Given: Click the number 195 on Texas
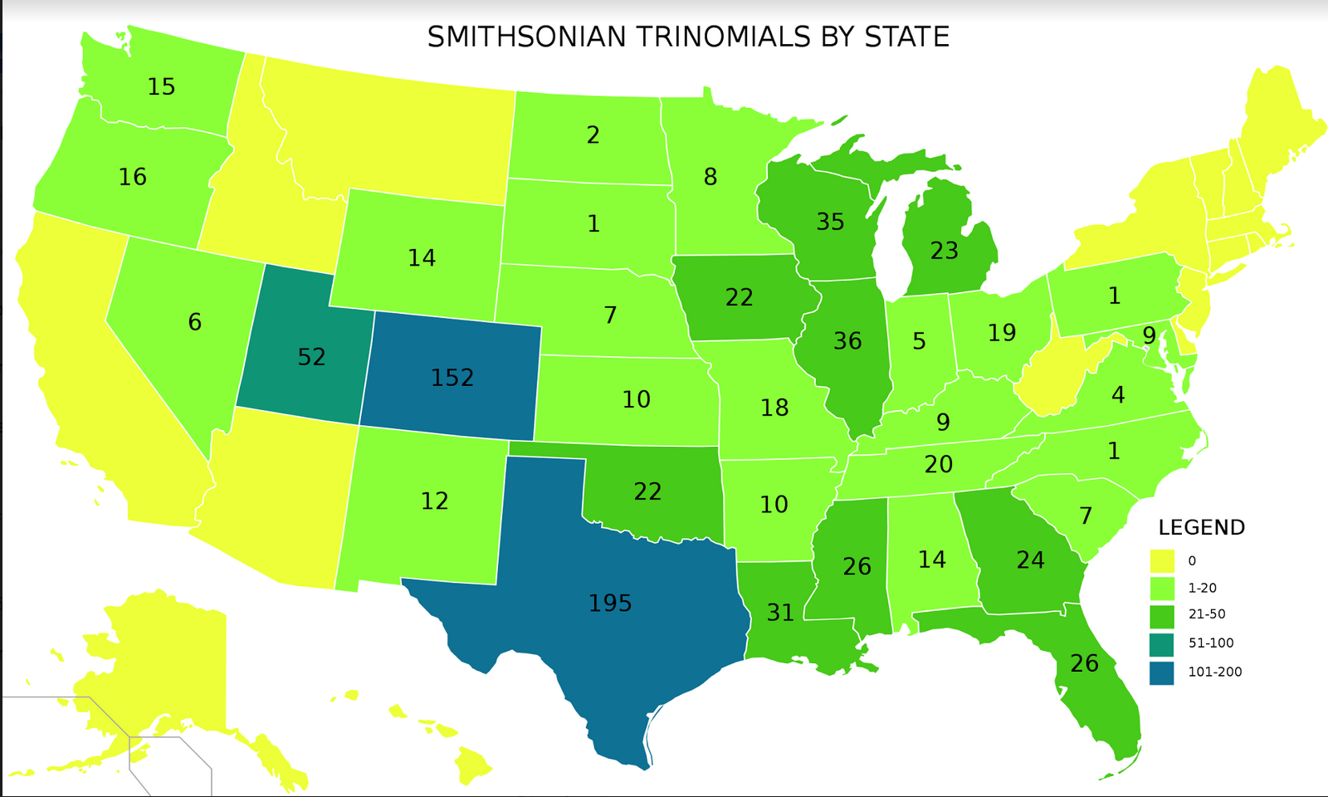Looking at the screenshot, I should (x=610, y=604).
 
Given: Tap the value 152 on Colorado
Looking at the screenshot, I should (x=452, y=379).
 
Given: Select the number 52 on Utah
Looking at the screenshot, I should (x=311, y=357).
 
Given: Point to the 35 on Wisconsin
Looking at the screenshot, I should (x=830, y=222).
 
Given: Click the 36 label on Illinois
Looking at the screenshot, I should (x=847, y=340).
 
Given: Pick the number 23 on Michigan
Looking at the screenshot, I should (x=944, y=251).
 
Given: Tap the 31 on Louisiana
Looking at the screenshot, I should (x=780, y=613).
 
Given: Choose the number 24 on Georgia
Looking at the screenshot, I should (x=1030, y=560).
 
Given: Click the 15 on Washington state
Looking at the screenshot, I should (x=161, y=86).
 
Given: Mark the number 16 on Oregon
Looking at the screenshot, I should (x=133, y=177).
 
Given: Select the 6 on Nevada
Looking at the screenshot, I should (x=194, y=322).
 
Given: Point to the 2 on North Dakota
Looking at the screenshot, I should (x=593, y=135).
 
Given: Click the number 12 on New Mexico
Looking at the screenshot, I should (x=434, y=501).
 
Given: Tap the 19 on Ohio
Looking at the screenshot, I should (x=1002, y=333).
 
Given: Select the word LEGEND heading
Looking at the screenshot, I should (x=1201, y=528).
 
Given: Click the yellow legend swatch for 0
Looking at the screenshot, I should (x=1162, y=561).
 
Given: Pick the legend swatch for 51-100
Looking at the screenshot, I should (x=1162, y=643).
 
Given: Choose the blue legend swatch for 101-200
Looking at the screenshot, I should (x=1162, y=672).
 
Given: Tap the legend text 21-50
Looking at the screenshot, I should (x=1206, y=615).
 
